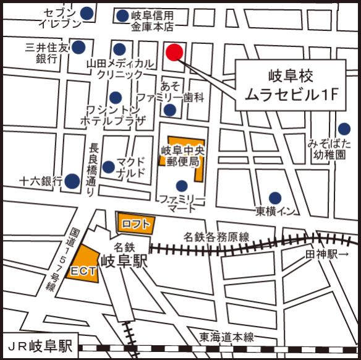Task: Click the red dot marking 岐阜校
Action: coord(175,53)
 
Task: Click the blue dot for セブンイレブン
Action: coord(87,12)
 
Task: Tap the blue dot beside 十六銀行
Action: coord(73,181)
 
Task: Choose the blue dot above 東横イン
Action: coord(275,198)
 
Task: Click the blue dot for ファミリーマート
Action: coord(181,186)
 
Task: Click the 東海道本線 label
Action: coord(227,337)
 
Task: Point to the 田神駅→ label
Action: coord(328,254)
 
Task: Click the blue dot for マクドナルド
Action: coord(108,166)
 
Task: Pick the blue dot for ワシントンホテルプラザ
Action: coord(116,97)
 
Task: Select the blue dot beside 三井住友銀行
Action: coord(79,46)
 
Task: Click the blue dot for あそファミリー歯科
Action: coord(169,110)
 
